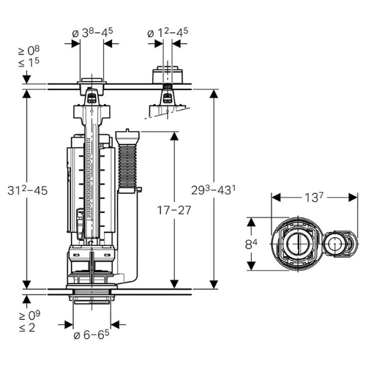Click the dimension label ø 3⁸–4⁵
tap(92, 33)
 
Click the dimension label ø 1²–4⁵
tap(168, 33)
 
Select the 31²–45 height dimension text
tap(27, 190)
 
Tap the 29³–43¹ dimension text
tap(214, 190)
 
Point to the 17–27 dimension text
tap(174, 210)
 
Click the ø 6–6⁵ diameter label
tap(91, 335)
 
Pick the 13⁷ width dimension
tap(314, 197)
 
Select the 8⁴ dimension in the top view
tap(251, 244)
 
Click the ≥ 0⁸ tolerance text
tap(29, 51)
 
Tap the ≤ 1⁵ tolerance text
tap(29, 62)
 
